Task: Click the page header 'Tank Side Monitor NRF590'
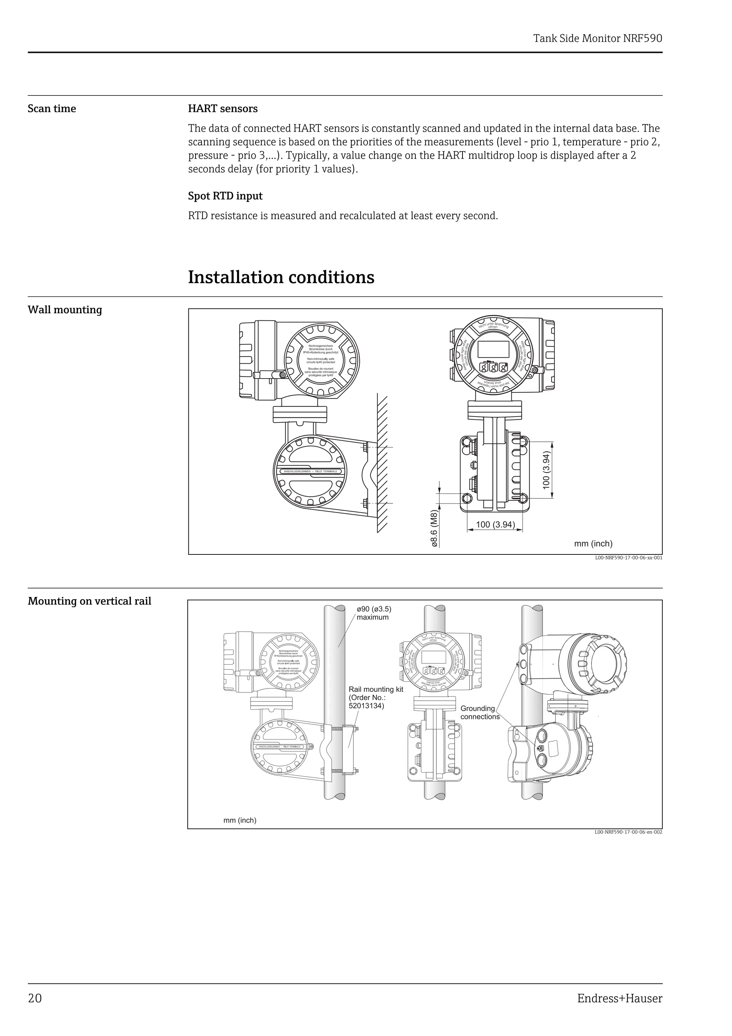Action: click(x=597, y=38)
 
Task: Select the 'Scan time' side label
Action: click(x=52, y=109)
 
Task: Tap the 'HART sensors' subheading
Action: click(x=223, y=109)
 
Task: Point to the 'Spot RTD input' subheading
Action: click(x=225, y=196)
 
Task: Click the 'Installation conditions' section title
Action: click(x=281, y=277)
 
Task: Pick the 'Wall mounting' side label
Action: click(x=65, y=310)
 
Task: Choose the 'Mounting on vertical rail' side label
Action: click(x=89, y=602)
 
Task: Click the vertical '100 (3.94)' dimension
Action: click(x=546, y=470)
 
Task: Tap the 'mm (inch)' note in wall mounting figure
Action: click(x=593, y=544)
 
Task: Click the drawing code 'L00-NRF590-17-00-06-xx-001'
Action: click(x=628, y=558)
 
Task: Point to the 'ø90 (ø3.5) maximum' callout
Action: click(x=374, y=613)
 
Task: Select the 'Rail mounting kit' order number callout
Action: click(x=376, y=697)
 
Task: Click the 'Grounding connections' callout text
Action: click(x=479, y=712)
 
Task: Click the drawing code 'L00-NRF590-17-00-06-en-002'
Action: click(x=628, y=832)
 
